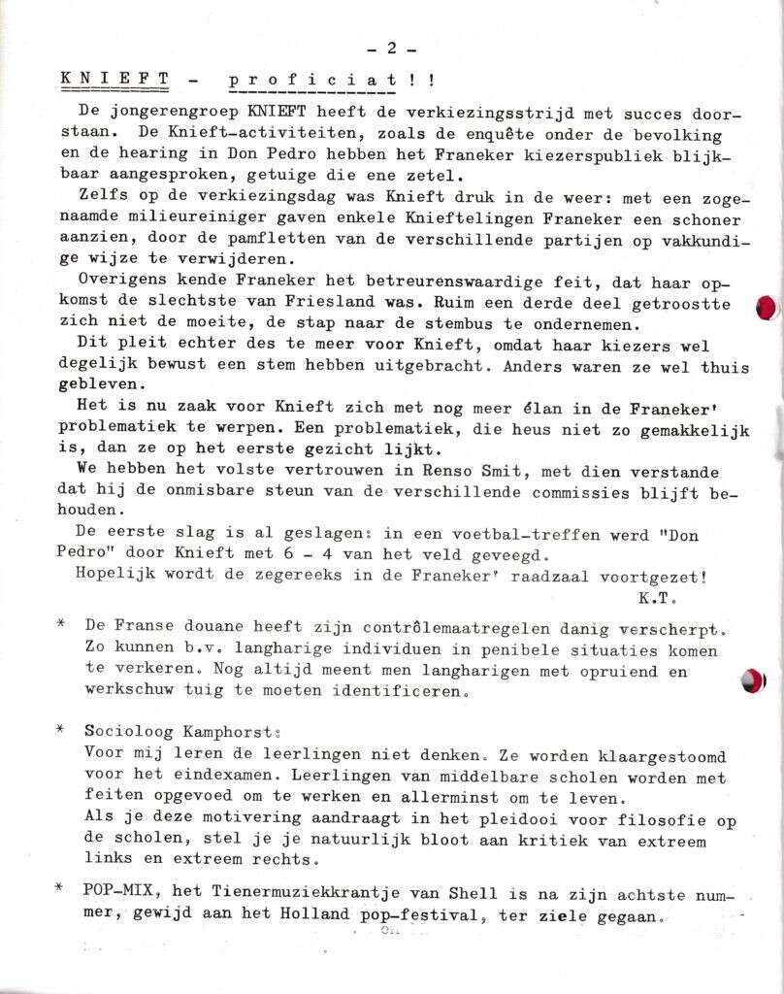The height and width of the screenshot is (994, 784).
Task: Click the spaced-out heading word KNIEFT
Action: [115, 79]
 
